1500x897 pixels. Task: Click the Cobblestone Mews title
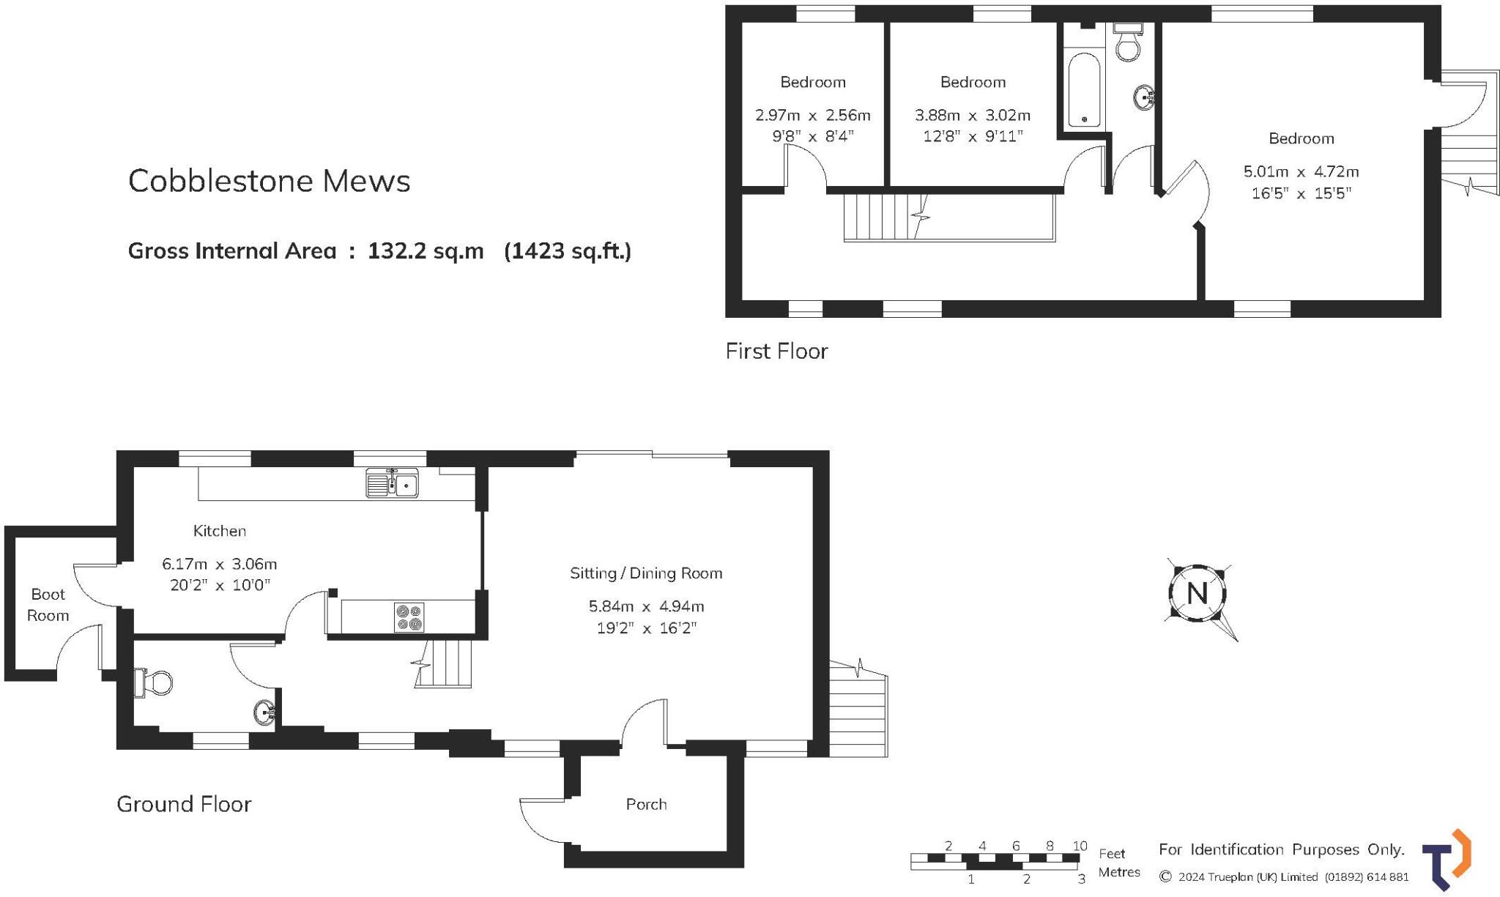269,181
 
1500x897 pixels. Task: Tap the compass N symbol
1197,593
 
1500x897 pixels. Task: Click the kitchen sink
392,483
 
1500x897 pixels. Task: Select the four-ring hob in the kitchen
409,617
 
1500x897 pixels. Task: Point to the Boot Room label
48,605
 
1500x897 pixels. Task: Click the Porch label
646,804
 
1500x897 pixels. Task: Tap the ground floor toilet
155,682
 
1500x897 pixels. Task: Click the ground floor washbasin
265,711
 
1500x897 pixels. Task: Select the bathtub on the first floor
1083,89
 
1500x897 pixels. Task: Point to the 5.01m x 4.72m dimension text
1301,171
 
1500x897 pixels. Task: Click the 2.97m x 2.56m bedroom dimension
812,115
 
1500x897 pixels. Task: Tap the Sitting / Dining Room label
646,573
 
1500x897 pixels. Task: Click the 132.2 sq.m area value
426,251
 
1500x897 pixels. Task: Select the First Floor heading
776,351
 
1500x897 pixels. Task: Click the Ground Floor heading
184,804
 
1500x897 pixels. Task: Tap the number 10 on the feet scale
1079,846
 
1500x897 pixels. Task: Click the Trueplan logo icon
1446,859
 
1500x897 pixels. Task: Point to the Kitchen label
219,531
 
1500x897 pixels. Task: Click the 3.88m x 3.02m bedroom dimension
972,115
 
